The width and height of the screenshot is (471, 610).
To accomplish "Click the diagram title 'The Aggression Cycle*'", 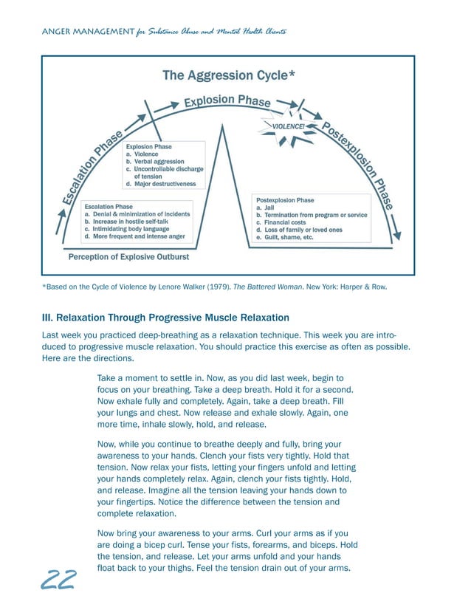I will [229, 75].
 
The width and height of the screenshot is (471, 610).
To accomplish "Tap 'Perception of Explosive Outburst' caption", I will [128, 257].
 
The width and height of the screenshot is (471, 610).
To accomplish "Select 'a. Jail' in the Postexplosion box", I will [265, 208].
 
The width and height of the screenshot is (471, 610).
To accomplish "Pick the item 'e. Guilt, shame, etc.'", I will [284, 237].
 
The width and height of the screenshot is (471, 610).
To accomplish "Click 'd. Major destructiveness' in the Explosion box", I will [161, 183].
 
